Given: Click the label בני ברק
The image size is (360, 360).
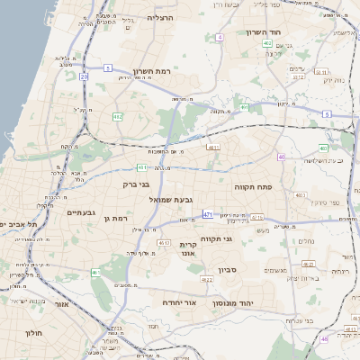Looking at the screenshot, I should click(x=136, y=184).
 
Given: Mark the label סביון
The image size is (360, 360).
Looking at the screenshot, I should click(x=224, y=267).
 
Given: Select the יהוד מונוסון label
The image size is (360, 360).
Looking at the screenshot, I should click(x=247, y=302).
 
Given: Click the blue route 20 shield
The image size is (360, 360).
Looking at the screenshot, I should click(x=85, y=77).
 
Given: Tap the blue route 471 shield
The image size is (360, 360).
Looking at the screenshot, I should click(x=208, y=214).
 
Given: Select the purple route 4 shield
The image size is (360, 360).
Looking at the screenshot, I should click(x=220, y=37).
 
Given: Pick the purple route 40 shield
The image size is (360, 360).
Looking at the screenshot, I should click(x=281, y=157).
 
